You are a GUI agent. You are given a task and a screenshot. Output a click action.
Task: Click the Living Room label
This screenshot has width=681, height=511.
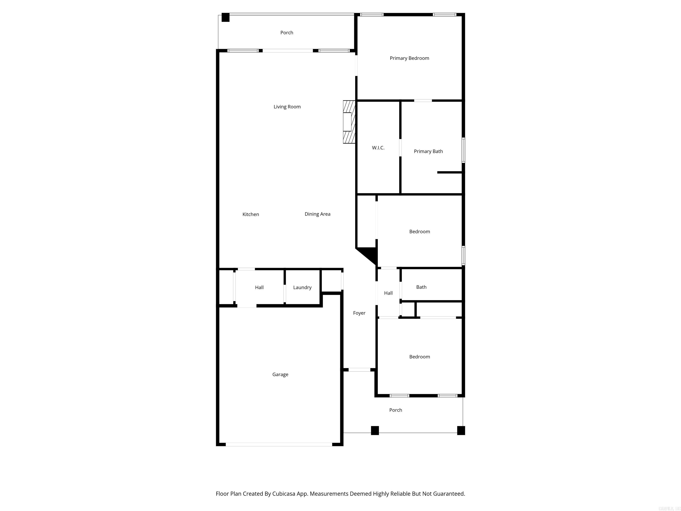click(x=287, y=107)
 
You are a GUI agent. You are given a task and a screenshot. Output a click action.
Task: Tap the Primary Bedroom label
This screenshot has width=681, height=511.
click(x=409, y=58)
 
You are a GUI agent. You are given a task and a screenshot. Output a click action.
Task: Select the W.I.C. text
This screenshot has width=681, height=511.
click(x=378, y=148)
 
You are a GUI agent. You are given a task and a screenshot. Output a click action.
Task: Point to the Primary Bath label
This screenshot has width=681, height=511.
click(x=428, y=151)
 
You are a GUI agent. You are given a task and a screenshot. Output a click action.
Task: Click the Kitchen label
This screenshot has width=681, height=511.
click(x=250, y=214)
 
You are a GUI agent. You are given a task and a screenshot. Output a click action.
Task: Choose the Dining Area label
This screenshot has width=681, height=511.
click(x=317, y=214)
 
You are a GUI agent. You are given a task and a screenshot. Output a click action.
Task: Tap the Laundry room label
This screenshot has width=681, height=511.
click(x=302, y=287)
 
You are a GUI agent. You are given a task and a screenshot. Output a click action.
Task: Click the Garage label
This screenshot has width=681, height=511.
click(x=280, y=375)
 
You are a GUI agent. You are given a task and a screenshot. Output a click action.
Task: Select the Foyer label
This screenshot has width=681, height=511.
click(x=359, y=313)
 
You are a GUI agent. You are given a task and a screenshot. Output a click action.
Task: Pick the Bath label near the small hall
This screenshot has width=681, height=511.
click(x=421, y=287)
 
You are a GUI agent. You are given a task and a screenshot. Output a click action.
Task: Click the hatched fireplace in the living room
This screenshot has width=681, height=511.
click(x=349, y=122)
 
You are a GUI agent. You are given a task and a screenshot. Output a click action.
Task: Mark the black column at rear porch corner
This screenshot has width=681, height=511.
click(x=225, y=17)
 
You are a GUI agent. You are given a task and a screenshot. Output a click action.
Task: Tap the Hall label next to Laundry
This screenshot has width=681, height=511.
click(x=259, y=287)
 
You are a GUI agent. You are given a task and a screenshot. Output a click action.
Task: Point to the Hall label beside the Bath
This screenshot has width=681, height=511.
click(x=388, y=293)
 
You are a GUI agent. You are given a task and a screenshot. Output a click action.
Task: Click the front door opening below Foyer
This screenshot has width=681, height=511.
click(x=359, y=370)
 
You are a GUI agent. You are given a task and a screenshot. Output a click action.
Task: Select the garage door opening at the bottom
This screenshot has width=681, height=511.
click(x=279, y=444)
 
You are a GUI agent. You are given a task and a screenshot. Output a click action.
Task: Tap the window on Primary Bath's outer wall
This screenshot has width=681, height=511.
click(x=463, y=150)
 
